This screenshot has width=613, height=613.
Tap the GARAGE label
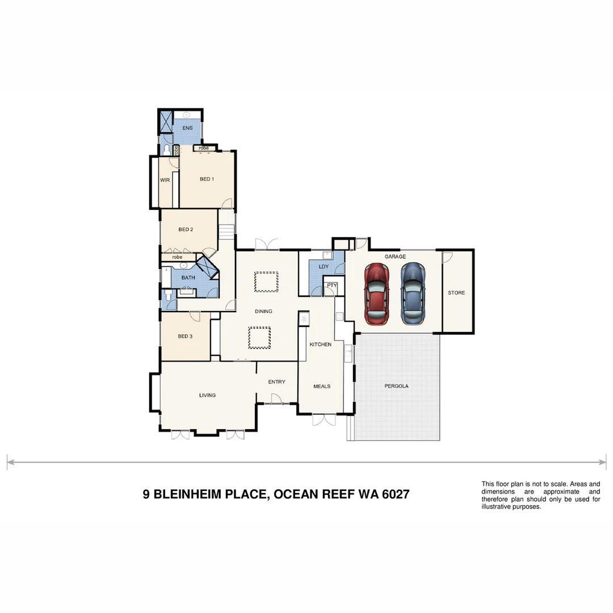click(395, 257)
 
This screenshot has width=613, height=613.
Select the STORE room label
click(456, 293)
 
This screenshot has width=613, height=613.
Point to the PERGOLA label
click(396, 386)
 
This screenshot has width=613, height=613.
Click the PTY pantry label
click(332, 285)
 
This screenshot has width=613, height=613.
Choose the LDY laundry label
click(324, 266)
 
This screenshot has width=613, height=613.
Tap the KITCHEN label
click(320, 345)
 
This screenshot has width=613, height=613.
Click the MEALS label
click(322, 386)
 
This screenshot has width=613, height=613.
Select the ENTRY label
click(276, 382)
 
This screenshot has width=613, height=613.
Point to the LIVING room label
click(207, 395)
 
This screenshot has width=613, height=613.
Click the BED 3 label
click(185, 336)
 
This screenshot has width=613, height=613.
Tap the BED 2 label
click(186, 229)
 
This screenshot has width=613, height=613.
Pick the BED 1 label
click(207, 179)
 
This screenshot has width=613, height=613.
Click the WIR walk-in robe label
click(165, 180)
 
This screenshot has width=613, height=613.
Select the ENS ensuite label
click(187, 128)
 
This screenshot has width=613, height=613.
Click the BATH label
click(188, 278)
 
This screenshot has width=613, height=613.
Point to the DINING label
click(263, 311)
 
